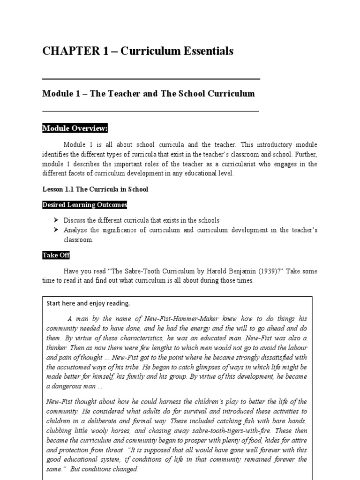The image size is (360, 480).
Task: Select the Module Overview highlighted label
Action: click(x=75, y=128)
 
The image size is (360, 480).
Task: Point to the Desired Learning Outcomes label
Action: click(x=85, y=205)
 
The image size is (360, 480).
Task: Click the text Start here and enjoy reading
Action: click(x=88, y=303)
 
